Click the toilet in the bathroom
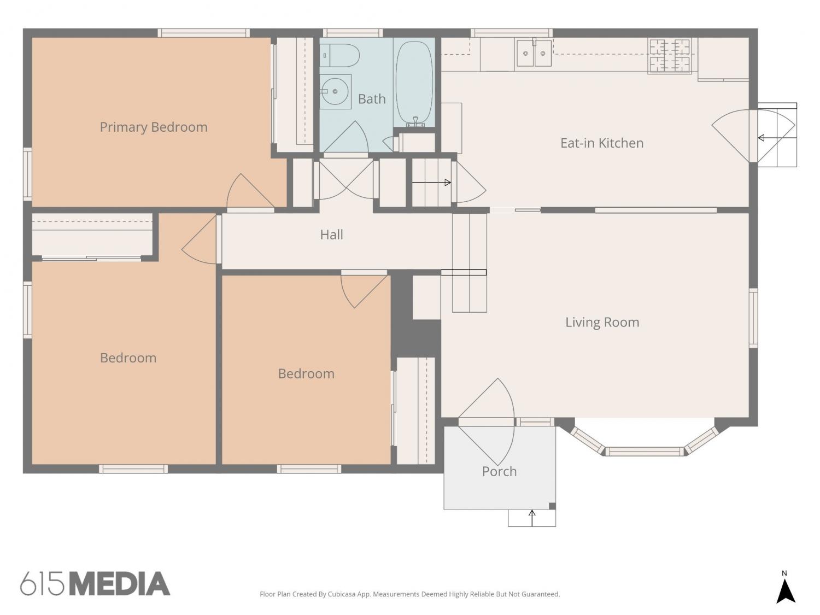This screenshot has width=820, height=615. (x=339, y=55)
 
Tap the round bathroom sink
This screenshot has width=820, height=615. (x=335, y=91)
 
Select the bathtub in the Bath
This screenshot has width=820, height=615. (x=414, y=83)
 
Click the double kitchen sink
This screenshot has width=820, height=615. (x=534, y=53)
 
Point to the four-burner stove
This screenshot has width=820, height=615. (x=670, y=55)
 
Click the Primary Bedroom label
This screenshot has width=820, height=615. (x=154, y=127)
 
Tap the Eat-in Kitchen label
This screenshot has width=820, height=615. (x=602, y=143)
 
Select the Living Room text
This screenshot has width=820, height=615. (x=602, y=322)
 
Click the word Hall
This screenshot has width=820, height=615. (x=331, y=235)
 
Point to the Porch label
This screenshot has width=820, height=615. (x=499, y=471)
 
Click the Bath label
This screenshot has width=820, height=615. (x=372, y=99)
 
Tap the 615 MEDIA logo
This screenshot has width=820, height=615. (x=95, y=583)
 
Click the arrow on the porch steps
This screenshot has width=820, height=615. (x=532, y=518)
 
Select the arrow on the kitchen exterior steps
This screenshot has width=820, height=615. (x=777, y=138)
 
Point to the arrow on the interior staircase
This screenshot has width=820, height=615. (x=431, y=183)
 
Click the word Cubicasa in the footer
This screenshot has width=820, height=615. (x=342, y=594)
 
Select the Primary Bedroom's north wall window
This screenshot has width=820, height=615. (x=203, y=33)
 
